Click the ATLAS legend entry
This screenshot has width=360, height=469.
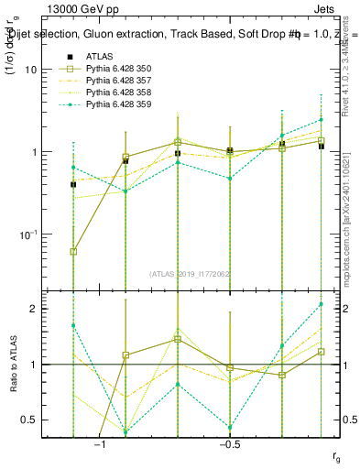[x=99, y=56]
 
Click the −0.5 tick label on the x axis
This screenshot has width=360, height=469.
[x=229, y=445]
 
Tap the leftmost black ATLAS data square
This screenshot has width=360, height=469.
[x=73, y=184]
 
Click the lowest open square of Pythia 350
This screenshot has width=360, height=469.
[x=73, y=251]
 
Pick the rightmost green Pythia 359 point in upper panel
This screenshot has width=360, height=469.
[x=321, y=119]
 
